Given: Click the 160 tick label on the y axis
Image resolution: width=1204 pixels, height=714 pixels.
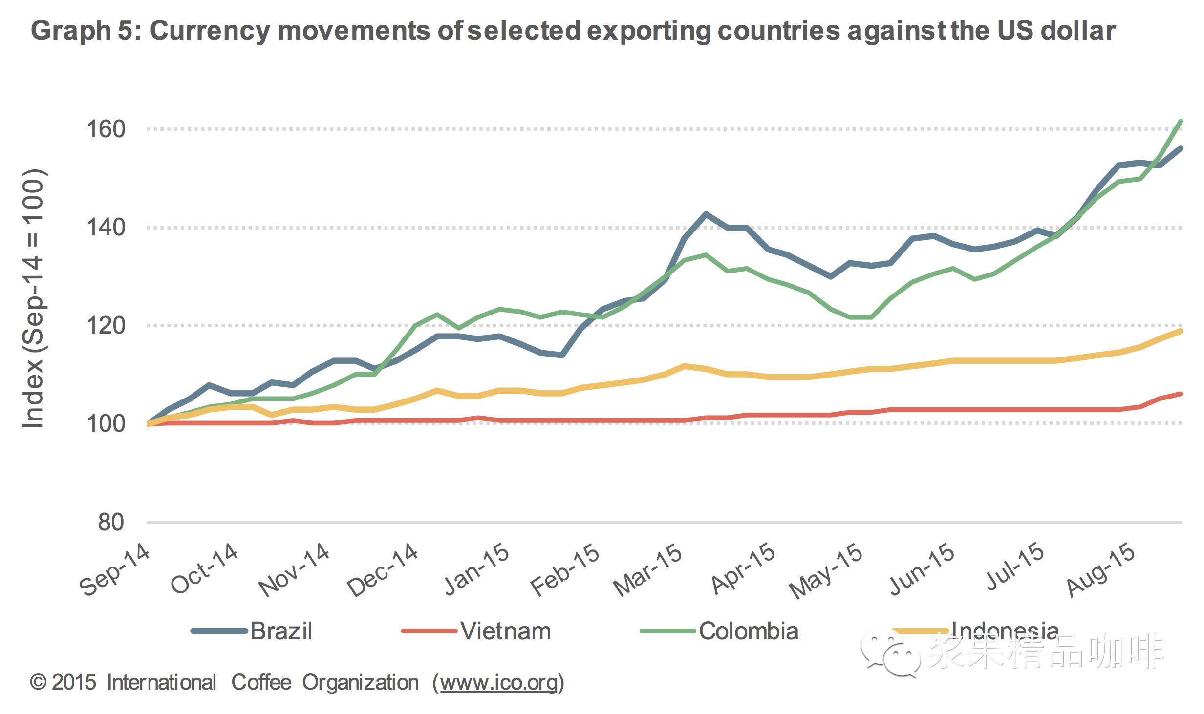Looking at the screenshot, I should (106, 129).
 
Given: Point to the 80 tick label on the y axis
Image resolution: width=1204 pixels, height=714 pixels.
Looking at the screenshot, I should (111, 523).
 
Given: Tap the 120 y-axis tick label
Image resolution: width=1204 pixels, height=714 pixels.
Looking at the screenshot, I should (106, 326).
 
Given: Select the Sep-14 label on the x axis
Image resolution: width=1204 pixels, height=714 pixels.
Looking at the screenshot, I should (115, 570).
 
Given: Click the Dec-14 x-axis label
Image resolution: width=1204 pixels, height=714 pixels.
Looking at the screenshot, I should (383, 570).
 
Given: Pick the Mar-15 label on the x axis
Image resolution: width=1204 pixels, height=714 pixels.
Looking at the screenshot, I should (647, 570).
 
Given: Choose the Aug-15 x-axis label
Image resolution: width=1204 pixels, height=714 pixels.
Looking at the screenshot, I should (1101, 570).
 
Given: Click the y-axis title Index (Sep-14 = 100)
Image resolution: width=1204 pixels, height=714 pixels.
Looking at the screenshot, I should (33, 299).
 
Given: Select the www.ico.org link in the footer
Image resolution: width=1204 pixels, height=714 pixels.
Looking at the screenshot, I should (498, 683).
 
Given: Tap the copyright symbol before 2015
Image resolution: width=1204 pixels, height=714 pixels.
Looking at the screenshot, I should (38, 683).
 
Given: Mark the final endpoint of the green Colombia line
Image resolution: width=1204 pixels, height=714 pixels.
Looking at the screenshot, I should (1181, 121).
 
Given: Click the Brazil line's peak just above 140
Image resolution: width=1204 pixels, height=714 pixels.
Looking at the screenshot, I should (705, 214).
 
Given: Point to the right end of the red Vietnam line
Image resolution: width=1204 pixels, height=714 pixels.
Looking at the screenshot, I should (1181, 394).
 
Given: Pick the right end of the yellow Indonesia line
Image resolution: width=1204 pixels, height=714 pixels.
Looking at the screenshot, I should (1181, 331).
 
